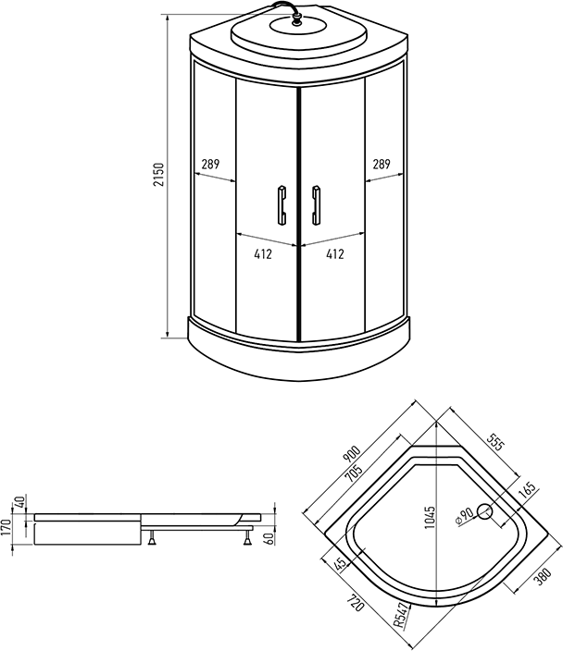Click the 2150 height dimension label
(159, 175)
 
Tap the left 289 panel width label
(210, 165)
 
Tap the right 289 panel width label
(382, 165)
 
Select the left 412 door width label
(263, 254)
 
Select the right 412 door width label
(335, 254)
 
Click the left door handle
(281, 205)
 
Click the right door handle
(316, 205)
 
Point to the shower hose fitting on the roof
(297, 19)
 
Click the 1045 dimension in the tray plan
(430, 517)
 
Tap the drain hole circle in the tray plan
(484, 511)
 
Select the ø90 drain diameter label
(465, 516)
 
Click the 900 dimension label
(351, 454)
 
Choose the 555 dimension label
(496, 443)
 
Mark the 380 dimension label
(543, 576)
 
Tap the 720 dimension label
(356, 603)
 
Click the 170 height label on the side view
(6, 527)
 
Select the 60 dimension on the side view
(269, 539)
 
